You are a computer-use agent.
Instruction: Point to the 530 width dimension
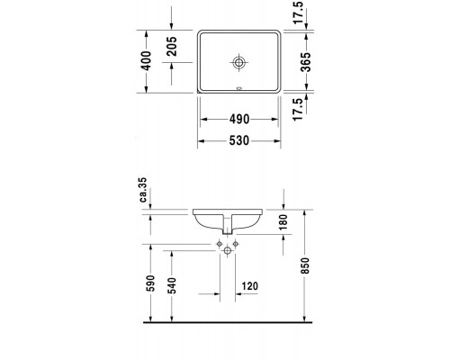coord(239,140)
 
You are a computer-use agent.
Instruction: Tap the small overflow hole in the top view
coord(238,89)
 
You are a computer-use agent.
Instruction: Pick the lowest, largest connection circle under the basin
coord(228,256)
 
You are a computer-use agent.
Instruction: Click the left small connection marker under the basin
coord(219,243)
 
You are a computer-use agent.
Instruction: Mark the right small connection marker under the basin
coord(237,243)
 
